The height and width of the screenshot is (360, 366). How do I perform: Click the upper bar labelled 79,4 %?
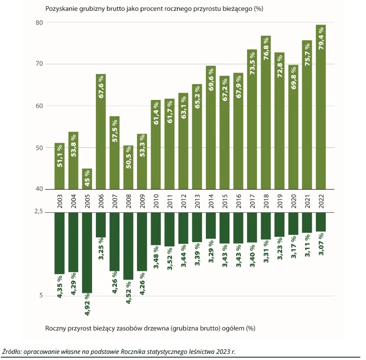click(x=321, y=107)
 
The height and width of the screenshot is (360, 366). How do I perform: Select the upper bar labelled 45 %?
click(x=87, y=179)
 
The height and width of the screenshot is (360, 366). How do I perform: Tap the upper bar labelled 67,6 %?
click(x=101, y=132)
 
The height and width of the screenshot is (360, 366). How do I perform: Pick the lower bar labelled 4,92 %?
click(x=87, y=252)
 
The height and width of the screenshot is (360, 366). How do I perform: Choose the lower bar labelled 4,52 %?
click(x=128, y=246)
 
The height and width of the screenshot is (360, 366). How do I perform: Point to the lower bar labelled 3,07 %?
click(x=321, y=222)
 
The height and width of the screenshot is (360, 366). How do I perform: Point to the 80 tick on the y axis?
click(x=39, y=23)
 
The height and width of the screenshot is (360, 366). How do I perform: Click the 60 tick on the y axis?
click(x=39, y=106)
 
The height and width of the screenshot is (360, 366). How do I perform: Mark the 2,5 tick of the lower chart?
click(x=38, y=212)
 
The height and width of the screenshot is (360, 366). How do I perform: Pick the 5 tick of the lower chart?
click(x=41, y=296)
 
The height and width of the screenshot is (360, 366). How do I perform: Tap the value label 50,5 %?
click(x=128, y=164)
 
